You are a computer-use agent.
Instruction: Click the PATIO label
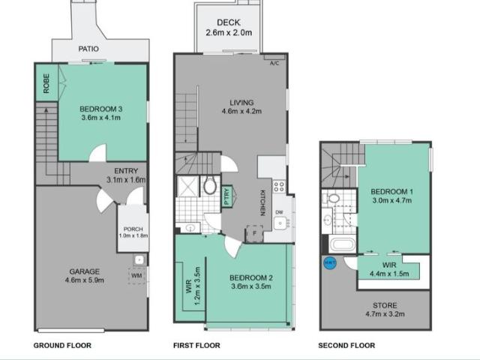89,49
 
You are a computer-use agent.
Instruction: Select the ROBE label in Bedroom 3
46,82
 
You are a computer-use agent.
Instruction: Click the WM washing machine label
136,275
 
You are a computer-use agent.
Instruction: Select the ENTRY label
125,171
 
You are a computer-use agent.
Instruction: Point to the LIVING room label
241,103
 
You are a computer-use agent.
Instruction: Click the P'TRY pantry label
227,196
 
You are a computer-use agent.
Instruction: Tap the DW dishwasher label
279,212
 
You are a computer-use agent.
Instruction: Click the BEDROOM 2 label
250,278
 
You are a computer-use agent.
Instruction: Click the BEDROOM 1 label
392,192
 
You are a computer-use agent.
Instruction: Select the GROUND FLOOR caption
62,346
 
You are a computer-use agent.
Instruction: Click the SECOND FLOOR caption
346,346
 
